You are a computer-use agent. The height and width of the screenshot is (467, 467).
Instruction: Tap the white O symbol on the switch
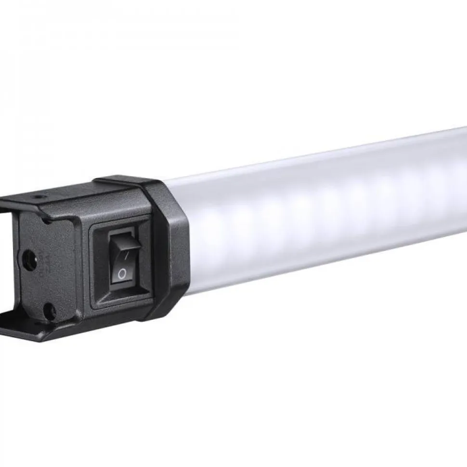pos(122,274)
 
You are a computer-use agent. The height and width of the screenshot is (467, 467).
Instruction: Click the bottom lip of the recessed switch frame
pos(123,301)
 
